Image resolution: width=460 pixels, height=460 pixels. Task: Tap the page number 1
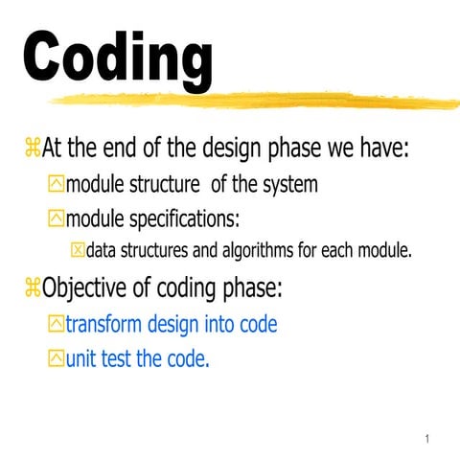pyautogui.click(x=426, y=439)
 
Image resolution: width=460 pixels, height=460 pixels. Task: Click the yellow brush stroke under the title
pyautogui.click(x=249, y=100)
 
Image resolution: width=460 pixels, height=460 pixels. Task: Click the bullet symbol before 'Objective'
pyautogui.click(x=33, y=287)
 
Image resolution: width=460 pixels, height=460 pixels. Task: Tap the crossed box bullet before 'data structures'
pyautogui.click(x=78, y=252)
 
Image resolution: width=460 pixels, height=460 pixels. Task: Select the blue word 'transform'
pyautogui.click(x=106, y=324)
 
